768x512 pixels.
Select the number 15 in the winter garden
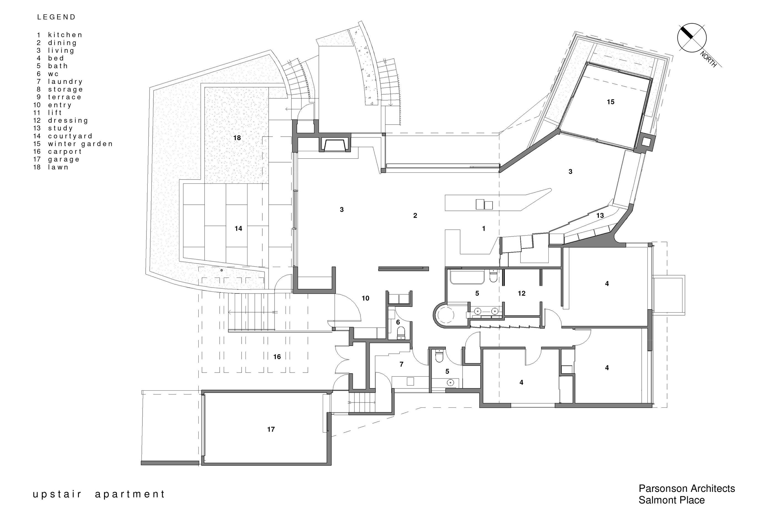(610, 102)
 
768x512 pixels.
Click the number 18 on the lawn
(237, 138)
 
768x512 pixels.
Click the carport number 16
(277, 357)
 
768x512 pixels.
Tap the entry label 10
(366, 298)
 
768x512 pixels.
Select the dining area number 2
(415, 215)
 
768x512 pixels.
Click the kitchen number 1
(484, 229)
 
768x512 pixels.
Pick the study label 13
(600, 215)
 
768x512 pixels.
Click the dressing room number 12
(521, 294)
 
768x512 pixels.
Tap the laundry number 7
(401, 364)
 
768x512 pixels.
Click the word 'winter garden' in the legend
(80, 144)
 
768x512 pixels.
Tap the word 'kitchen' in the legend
(65, 34)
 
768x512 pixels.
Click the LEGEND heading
(56, 17)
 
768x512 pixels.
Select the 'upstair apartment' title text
(99, 494)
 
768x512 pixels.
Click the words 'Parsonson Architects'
(687, 489)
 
